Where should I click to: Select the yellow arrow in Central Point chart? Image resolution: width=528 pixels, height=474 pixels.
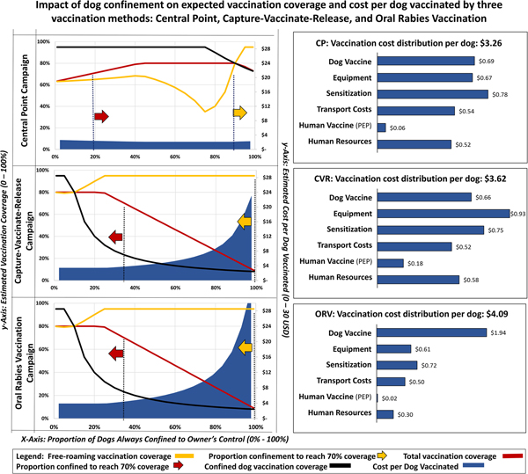[239, 113]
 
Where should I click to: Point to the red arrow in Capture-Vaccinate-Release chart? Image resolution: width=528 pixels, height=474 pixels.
[115, 235]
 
